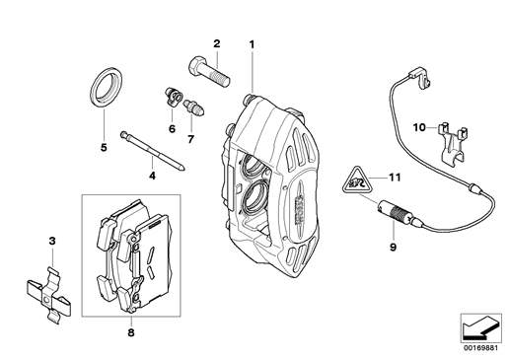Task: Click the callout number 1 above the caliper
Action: click(252, 44)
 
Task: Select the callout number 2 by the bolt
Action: click(217, 43)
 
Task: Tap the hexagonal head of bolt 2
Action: click(197, 65)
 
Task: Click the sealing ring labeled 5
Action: click(106, 87)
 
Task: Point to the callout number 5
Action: click(104, 148)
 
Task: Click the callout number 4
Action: click(152, 176)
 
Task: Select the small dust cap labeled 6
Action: click(174, 98)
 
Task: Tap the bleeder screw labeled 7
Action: click(194, 108)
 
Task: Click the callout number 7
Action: click(191, 139)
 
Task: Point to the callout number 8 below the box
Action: click(131, 332)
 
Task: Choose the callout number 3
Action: click(52, 241)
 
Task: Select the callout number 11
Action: click(395, 178)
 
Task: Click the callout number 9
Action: click(393, 247)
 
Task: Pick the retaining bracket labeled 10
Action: click(454, 143)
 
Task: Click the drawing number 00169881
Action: click(481, 347)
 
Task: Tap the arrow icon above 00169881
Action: click(480, 328)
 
